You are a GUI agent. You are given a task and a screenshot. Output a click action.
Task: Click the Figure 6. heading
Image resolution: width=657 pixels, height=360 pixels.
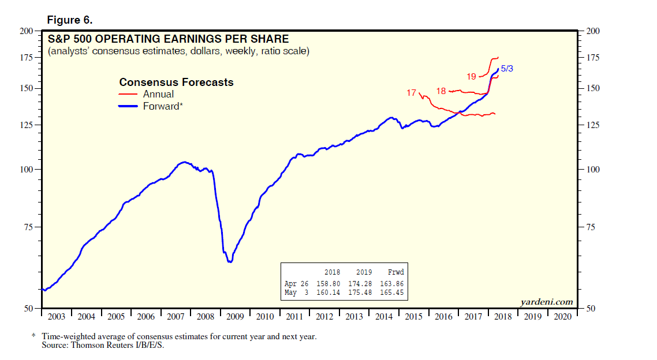(x=70, y=20)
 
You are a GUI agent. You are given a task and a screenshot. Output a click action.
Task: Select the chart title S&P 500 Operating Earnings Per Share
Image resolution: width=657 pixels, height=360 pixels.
(x=167, y=39)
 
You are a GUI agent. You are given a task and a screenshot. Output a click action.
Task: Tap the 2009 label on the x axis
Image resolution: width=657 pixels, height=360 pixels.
(x=235, y=316)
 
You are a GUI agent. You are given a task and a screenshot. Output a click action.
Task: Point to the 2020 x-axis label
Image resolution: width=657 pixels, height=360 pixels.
(x=563, y=316)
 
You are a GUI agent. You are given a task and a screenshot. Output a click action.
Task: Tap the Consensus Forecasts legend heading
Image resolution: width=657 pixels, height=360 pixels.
(x=176, y=82)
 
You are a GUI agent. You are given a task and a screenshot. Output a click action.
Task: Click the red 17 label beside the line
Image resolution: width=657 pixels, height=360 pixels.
(x=411, y=92)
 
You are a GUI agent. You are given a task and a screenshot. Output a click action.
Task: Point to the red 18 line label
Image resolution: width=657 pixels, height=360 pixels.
(x=441, y=91)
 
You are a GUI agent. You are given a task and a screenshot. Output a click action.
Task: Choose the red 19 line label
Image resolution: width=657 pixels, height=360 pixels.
(x=471, y=76)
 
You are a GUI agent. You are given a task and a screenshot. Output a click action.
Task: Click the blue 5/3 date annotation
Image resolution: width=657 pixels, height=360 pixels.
(x=507, y=68)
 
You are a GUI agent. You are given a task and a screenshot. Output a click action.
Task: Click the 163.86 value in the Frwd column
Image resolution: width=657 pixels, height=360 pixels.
(x=392, y=283)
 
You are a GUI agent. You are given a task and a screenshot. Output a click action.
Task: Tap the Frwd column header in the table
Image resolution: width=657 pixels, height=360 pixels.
(x=395, y=272)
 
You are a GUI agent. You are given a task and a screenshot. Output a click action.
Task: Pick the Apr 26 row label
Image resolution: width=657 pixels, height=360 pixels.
(x=296, y=283)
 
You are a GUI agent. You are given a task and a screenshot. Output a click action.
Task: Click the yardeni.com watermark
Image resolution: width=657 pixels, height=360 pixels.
(x=546, y=302)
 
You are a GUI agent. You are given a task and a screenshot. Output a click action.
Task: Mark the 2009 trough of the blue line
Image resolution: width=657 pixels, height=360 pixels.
(x=230, y=262)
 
